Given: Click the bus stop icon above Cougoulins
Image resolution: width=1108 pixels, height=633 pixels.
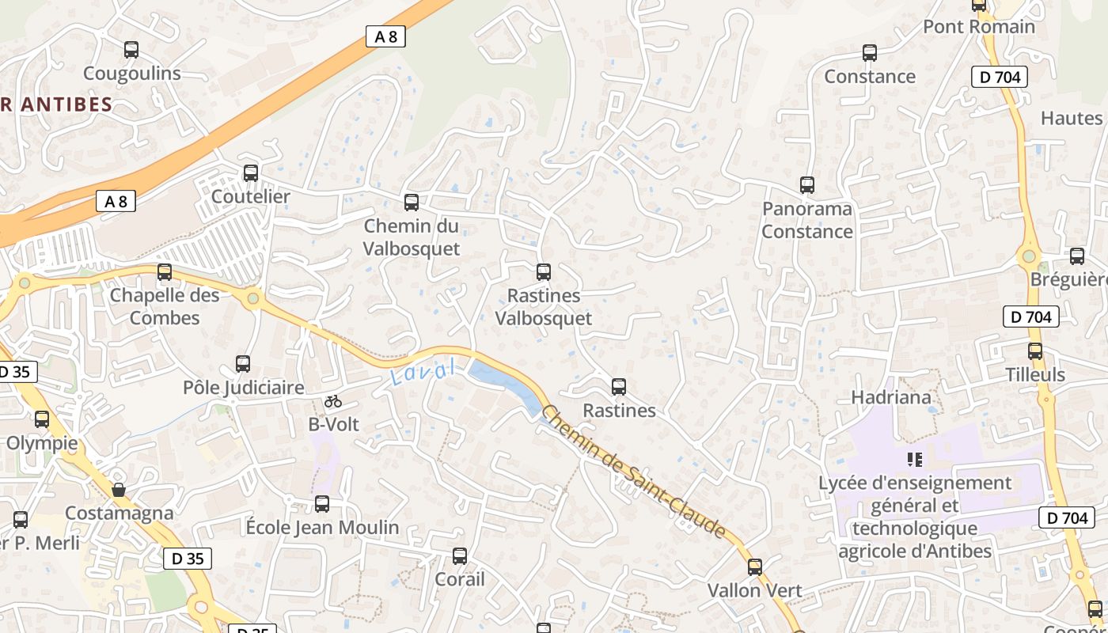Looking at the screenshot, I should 131,50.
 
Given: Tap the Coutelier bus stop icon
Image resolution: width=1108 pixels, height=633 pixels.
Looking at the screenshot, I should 251,172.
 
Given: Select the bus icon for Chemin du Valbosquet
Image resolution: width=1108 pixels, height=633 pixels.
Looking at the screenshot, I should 412,202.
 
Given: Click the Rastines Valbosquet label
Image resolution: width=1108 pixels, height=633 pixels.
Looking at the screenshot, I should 543,307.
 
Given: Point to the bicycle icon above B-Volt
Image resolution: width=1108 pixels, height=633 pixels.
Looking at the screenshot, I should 333,401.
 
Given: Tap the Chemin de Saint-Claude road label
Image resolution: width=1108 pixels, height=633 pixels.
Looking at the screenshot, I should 633,472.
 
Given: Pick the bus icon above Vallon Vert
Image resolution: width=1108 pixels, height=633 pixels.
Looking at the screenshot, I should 755,567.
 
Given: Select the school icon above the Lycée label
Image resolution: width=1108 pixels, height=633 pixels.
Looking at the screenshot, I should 915,459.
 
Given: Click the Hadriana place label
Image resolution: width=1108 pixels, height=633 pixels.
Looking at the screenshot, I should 891,397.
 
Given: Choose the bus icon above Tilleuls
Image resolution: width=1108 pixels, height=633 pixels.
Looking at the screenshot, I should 1035,351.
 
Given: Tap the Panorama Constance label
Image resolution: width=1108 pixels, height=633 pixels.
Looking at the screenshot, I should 807,220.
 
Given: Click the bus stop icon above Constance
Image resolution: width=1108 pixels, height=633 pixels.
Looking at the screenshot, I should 870,53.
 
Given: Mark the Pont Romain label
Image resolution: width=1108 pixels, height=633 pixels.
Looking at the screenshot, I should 979,26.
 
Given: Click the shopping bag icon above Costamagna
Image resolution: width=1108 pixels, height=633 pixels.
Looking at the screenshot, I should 119,490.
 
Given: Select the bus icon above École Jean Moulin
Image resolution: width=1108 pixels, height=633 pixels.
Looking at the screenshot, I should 322,504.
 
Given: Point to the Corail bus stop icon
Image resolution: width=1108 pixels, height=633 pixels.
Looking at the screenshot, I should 460,556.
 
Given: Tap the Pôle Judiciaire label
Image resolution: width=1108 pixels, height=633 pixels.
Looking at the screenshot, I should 243,388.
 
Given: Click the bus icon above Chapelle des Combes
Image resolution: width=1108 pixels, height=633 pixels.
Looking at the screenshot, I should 165,272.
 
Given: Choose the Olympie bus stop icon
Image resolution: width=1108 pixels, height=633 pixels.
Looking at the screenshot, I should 42,419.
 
